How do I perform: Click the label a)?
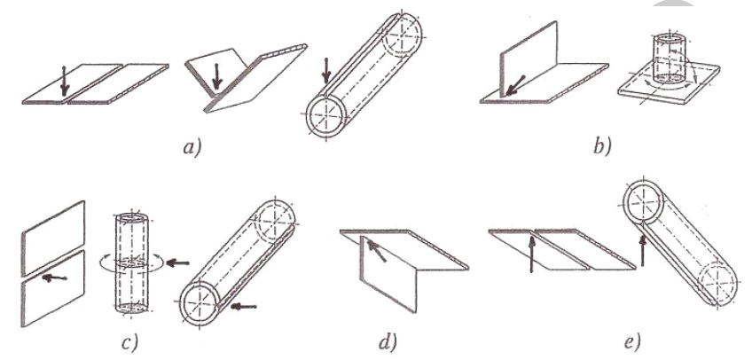pyautogui.click(x=192, y=145)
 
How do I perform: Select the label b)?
pyautogui.click(x=602, y=145)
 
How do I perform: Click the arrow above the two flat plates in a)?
pyautogui.click(x=65, y=82)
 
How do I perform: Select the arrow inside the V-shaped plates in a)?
pyautogui.click(x=217, y=75)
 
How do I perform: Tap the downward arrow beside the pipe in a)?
pyautogui.click(x=326, y=70)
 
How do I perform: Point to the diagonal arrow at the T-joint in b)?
pyautogui.click(x=513, y=86)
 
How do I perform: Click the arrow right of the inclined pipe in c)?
pyautogui.click(x=244, y=306)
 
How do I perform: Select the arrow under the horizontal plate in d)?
pyautogui.click(x=378, y=251)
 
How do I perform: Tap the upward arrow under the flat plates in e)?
pyautogui.click(x=531, y=252)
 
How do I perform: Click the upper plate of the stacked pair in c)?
pyautogui.click(x=52, y=238)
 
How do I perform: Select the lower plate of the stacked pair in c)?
pyautogui.click(x=52, y=288)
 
